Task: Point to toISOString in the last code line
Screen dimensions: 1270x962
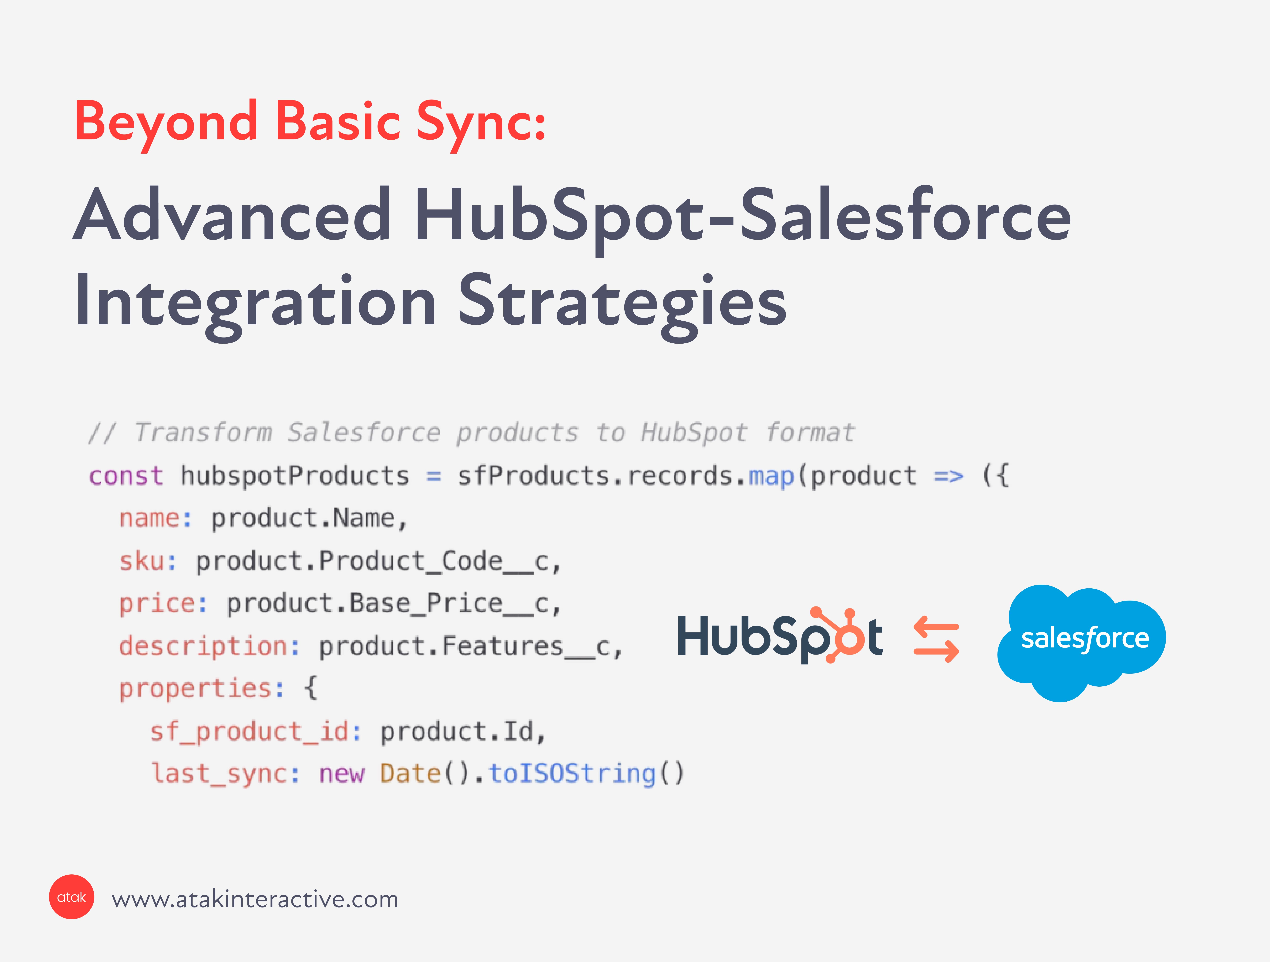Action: click(x=572, y=774)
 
